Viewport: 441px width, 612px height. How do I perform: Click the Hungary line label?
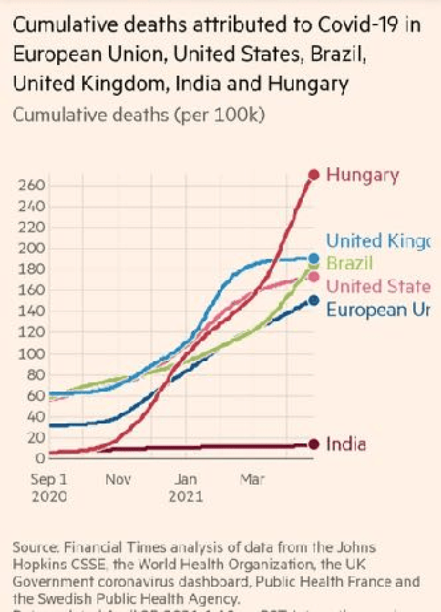[x=362, y=175]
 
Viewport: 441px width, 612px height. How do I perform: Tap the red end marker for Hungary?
[x=314, y=174]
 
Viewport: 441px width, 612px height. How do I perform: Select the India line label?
[x=345, y=444]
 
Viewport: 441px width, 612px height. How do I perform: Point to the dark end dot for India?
[x=313, y=445]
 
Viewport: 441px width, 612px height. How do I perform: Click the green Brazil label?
[x=349, y=264]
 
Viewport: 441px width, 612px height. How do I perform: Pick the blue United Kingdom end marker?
[x=314, y=258]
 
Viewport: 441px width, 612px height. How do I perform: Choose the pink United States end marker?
[x=314, y=277]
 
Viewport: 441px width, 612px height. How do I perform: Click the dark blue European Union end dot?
[x=314, y=300]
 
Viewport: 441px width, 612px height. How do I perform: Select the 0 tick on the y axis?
[x=39, y=458]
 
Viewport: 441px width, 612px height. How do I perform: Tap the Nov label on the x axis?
[x=118, y=480]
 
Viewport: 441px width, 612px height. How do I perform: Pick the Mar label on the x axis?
[x=252, y=480]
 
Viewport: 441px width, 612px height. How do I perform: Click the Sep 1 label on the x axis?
[x=49, y=480]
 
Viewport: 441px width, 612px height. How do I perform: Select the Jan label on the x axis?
[x=185, y=480]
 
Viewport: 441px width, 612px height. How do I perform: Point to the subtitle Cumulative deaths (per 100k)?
[x=139, y=116]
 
